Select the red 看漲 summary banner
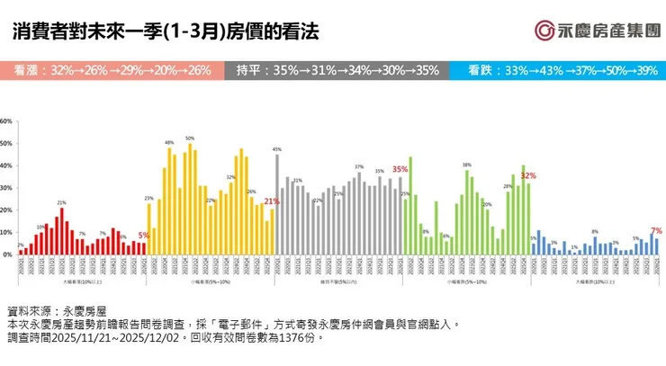tap(113, 70)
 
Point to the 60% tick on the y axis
tap(5, 121)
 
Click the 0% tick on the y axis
tap(7, 255)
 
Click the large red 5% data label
tap(144, 235)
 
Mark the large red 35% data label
tap(400, 169)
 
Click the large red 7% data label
tap(656, 230)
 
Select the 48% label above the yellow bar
tap(169, 143)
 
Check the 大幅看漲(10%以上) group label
tap(81, 281)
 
